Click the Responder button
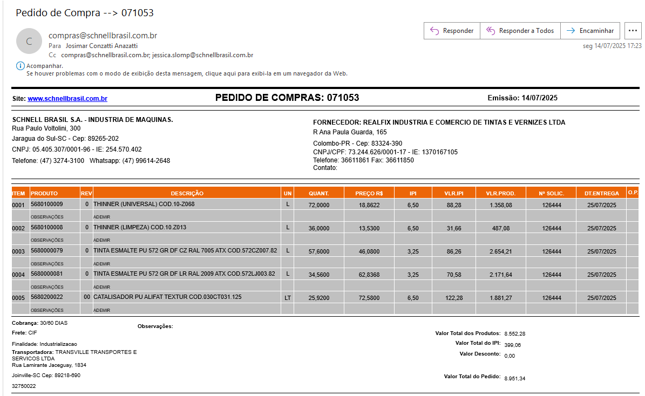click(x=452, y=31)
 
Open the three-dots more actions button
click(x=633, y=31)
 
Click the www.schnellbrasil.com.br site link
click(x=67, y=99)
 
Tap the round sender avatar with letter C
click(x=29, y=41)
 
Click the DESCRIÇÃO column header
click(x=187, y=193)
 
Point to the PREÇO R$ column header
click(x=369, y=193)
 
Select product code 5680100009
click(x=47, y=204)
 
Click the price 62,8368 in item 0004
click(x=369, y=275)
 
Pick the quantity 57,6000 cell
click(x=318, y=251)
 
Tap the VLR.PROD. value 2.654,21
click(x=501, y=251)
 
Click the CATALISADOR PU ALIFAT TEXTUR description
click(x=167, y=297)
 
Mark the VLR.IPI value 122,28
click(x=454, y=298)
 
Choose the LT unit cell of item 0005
click(x=288, y=298)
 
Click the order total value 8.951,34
click(x=514, y=379)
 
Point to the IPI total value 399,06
click(x=512, y=345)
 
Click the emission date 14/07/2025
click(x=540, y=98)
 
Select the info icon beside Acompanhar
click(x=21, y=66)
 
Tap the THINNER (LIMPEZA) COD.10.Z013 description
click(x=140, y=228)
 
